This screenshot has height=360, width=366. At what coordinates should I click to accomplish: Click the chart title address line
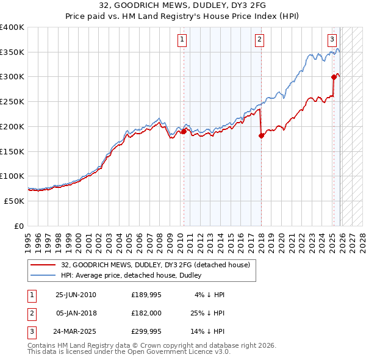tap(183, 5)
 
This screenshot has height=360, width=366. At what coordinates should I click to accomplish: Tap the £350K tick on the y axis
tap(12, 52)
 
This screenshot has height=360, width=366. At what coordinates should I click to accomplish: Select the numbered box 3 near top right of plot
tap(332, 40)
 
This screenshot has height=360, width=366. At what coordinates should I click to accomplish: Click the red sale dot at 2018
tap(261, 135)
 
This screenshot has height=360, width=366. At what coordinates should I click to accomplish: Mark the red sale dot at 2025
tap(334, 77)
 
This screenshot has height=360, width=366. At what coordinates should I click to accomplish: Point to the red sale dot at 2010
tap(184, 131)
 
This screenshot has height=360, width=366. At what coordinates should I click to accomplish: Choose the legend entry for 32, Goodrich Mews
tap(156, 265)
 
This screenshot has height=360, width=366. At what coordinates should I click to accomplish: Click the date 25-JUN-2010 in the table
tap(76, 294)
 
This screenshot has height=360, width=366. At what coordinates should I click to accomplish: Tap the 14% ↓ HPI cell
tap(208, 333)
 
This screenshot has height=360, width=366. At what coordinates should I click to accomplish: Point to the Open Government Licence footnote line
tap(129, 352)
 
